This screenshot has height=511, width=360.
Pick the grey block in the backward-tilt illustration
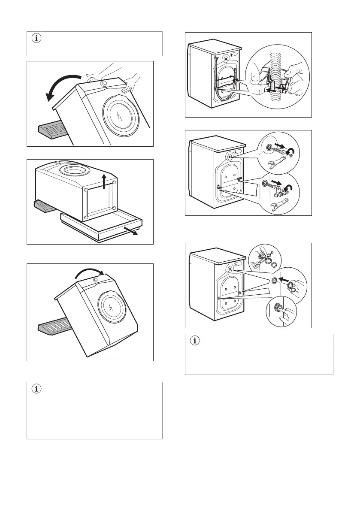[x=52, y=131]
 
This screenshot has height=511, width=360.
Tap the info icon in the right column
[x=195, y=341]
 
